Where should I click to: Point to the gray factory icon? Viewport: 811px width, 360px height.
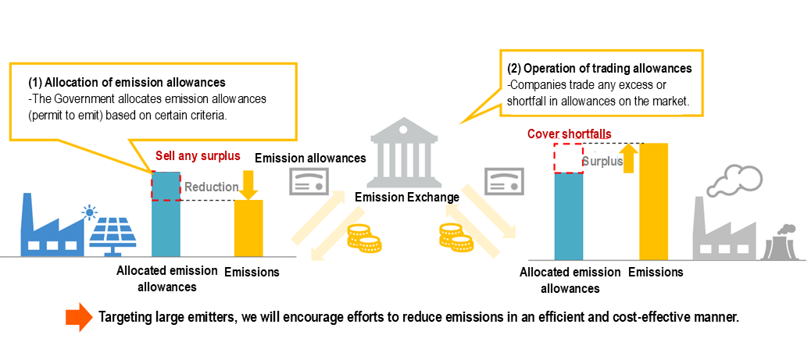coord(723,231)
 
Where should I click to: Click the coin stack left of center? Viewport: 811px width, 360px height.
coord(363,237)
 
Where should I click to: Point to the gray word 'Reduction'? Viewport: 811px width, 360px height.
coord(211,187)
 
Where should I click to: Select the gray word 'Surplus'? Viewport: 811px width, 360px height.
coord(602,162)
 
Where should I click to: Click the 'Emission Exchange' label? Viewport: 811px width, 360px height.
coord(406,198)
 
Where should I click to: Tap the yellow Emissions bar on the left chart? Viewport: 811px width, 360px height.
coord(249,228)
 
